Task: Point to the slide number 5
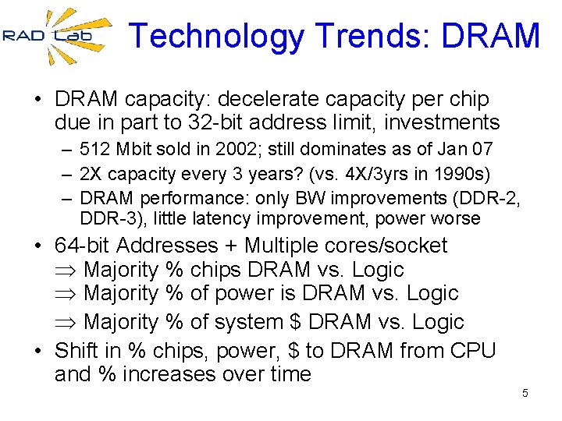tap(525, 393)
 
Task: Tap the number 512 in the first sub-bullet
tap(95, 149)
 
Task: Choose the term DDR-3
tap(106, 219)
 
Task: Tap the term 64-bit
tap(83, 246)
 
